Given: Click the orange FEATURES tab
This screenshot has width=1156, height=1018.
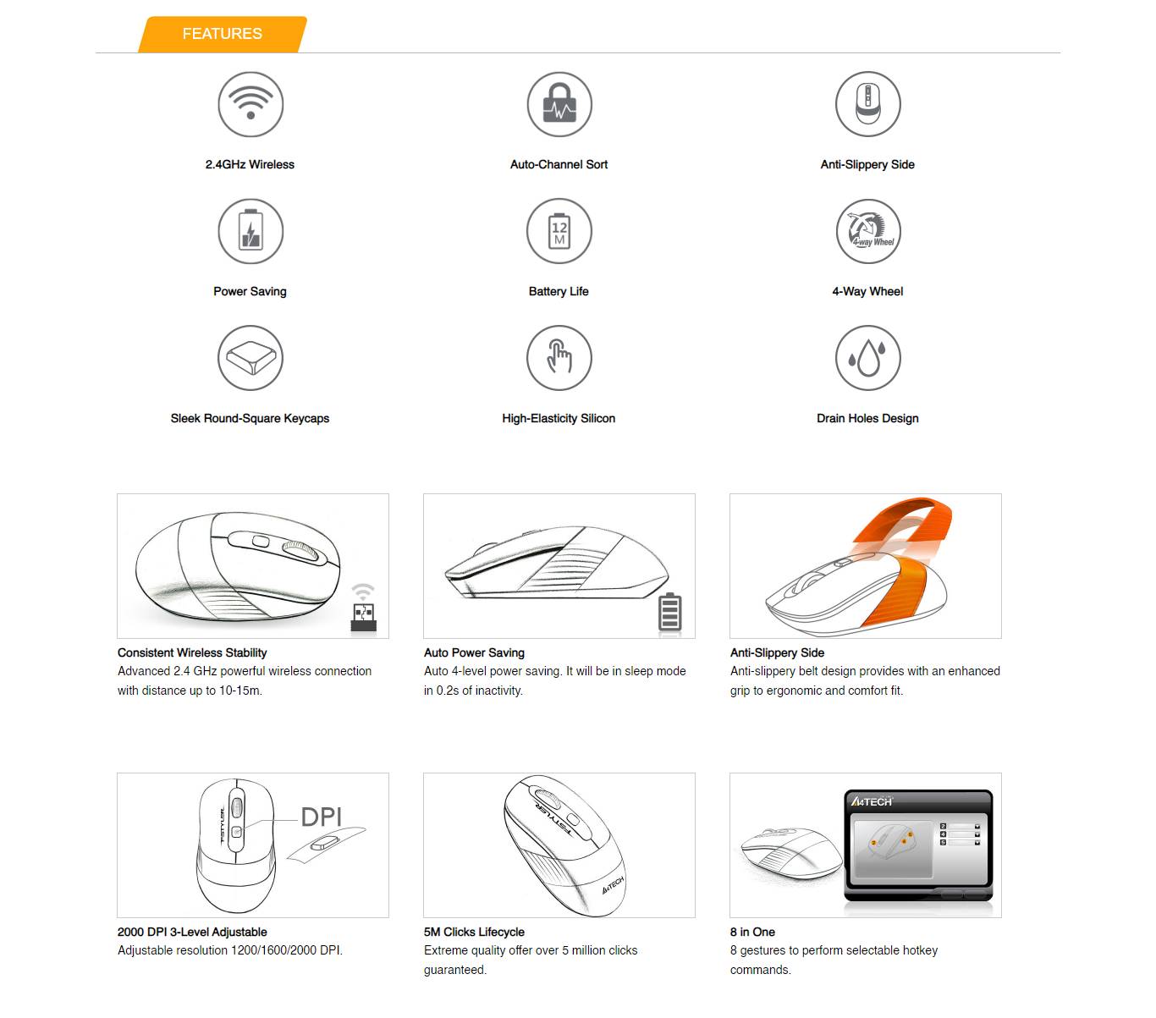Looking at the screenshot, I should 222,34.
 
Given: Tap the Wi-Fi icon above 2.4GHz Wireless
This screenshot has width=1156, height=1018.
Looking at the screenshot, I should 250,104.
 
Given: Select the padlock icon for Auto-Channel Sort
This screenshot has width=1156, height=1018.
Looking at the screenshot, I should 559,104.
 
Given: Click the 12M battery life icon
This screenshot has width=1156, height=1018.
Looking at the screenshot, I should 559,231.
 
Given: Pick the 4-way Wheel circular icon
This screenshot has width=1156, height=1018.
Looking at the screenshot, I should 867,231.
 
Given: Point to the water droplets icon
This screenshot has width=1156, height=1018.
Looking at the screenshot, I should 867,358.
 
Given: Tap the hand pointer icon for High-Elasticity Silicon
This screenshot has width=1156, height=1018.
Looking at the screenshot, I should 559,358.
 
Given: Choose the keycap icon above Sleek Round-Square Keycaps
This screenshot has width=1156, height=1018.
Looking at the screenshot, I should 250,358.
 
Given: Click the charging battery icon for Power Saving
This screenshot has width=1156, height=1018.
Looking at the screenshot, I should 250,231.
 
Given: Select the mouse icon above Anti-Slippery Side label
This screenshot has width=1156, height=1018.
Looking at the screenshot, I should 867,104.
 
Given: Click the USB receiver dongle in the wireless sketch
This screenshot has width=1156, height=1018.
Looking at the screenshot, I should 364,617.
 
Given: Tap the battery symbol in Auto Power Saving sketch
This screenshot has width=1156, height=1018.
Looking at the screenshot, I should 669,612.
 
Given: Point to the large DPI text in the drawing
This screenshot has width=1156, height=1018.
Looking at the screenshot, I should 322,817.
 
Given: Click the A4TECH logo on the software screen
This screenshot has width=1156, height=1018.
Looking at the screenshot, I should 872,801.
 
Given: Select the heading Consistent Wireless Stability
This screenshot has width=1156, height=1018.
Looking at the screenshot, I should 192,652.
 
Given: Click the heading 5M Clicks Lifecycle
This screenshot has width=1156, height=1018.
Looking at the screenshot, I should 474,932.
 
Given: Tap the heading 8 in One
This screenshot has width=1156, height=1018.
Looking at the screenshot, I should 752,932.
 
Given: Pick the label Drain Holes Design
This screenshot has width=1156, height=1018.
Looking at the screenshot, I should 867,418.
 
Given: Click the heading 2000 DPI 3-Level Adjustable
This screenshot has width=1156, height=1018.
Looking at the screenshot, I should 192,932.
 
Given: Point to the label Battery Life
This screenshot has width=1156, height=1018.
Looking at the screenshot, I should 559,291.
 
